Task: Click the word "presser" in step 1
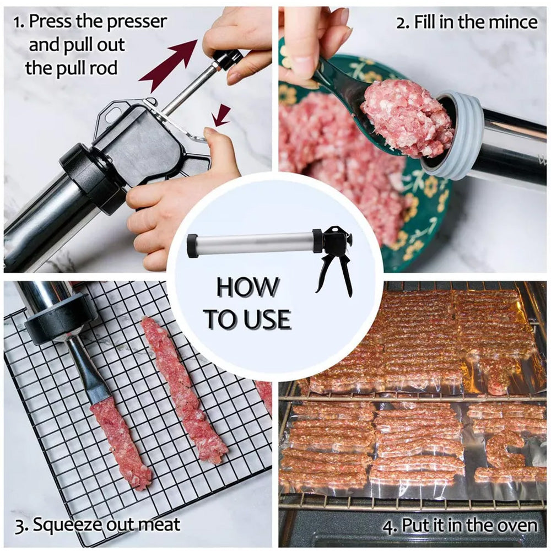136,23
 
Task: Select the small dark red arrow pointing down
222,115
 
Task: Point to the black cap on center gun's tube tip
192,246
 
